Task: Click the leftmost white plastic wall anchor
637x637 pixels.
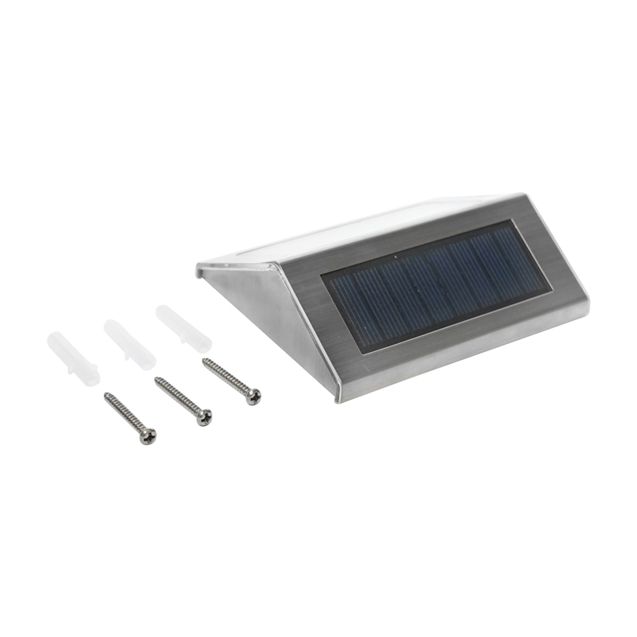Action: [x=72, y=359]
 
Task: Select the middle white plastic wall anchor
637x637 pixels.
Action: [x=128, y=344]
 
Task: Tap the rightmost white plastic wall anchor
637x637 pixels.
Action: [x=183, y=328]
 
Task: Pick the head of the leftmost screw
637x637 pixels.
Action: [x=147, y=436]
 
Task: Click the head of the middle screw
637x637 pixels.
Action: [x=205, y=416]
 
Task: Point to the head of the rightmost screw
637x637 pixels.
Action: [x=252, y=396]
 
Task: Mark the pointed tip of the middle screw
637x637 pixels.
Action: [x=155, y=379]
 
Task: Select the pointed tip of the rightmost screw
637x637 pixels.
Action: [x=203, y=360]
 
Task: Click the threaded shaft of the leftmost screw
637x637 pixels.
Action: [x=125, y=414]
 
